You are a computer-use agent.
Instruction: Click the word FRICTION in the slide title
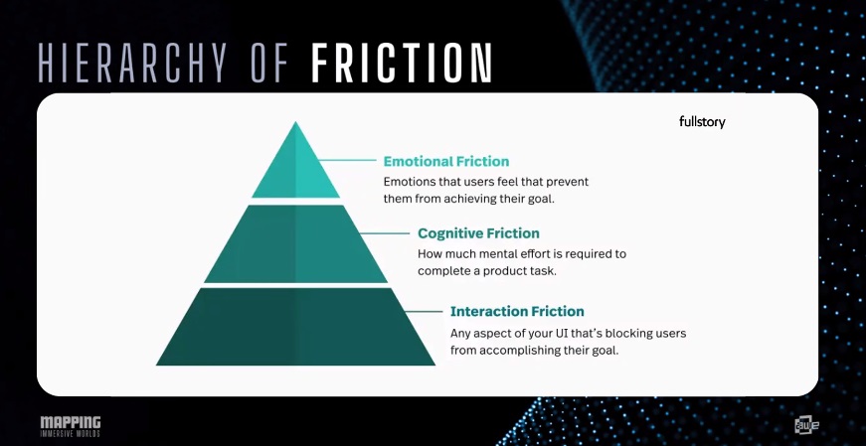coord(401,64)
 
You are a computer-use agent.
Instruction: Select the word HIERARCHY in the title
coord(132,64)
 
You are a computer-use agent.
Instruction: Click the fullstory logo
coord(702,122)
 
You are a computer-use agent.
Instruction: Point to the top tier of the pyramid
coord(295,168)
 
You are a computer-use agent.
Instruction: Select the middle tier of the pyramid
coord(295,244)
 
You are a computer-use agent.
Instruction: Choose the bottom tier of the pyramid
coord(295,327)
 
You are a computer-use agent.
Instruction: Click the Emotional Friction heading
coord(446,161)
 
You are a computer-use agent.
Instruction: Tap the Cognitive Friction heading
coord(478,233)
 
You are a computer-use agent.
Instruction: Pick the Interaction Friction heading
coord(517,311)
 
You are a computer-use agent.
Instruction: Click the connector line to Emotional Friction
coord(347,160)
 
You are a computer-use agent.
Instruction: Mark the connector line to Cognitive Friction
coord(385,233)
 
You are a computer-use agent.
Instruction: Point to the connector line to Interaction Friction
coord(424,311)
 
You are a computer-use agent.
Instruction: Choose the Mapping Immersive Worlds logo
coord(71,426)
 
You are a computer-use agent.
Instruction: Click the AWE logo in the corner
coord(807,425)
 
